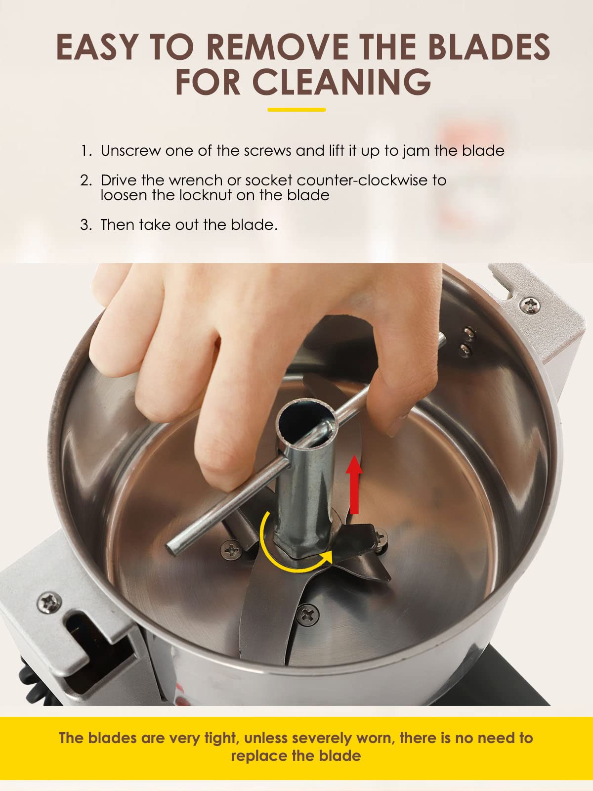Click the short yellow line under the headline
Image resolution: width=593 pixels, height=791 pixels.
pos(296,110)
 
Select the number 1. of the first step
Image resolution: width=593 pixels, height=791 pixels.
pos(86,151)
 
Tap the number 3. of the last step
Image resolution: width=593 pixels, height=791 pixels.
pos(86,225)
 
